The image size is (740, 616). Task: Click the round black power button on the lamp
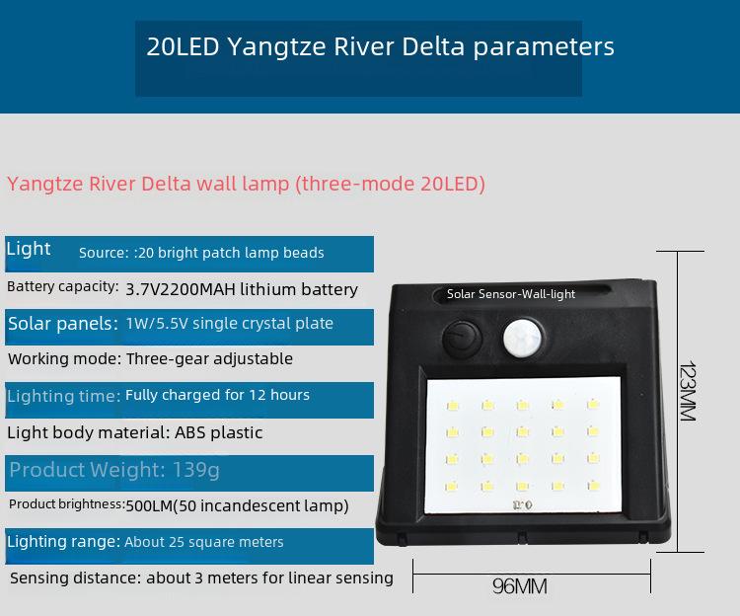pyautogui.click(x=462, y=339)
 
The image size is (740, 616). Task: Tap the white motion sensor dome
pyautogui.click(x=522, y=338)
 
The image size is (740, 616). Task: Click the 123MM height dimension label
pyautogui.click(x=688, y=391)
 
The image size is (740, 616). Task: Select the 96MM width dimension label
pyautogui.click(x=520, y=586)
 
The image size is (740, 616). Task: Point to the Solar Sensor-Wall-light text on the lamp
pyautogui.click(x=511, y=294)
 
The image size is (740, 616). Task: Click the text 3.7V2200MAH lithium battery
pyautogui.click(x=242, y=289)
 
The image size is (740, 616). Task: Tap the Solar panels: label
pyautogui.click(x=63, y=324)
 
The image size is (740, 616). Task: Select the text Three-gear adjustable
pyautogui.click(x=209, y=358)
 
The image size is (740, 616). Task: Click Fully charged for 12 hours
pyautogui.click(x=218, y=395)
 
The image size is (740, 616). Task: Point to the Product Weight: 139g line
pyautogui.click(x=114, y=470)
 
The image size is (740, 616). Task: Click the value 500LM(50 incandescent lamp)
pyautogui.click(x=238, y=505)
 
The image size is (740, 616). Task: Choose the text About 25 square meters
pyautogui.click(x=204, y=542)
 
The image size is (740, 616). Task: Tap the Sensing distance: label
pyautogui.click(x=76, y=577)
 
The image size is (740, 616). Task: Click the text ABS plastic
pyautogui.click(x=218, y=432)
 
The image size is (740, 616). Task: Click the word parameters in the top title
pyautogui.click(x=544, y=47)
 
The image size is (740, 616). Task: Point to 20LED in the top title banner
pyautogui.click(x=184, y=46)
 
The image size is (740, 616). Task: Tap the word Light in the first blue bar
pyautogui.click(x=29, y=249)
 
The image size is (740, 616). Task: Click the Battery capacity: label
pyautogui.click(x=63, y=286)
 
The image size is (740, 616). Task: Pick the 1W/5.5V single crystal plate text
pyautogui.click(x=229, y=324)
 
